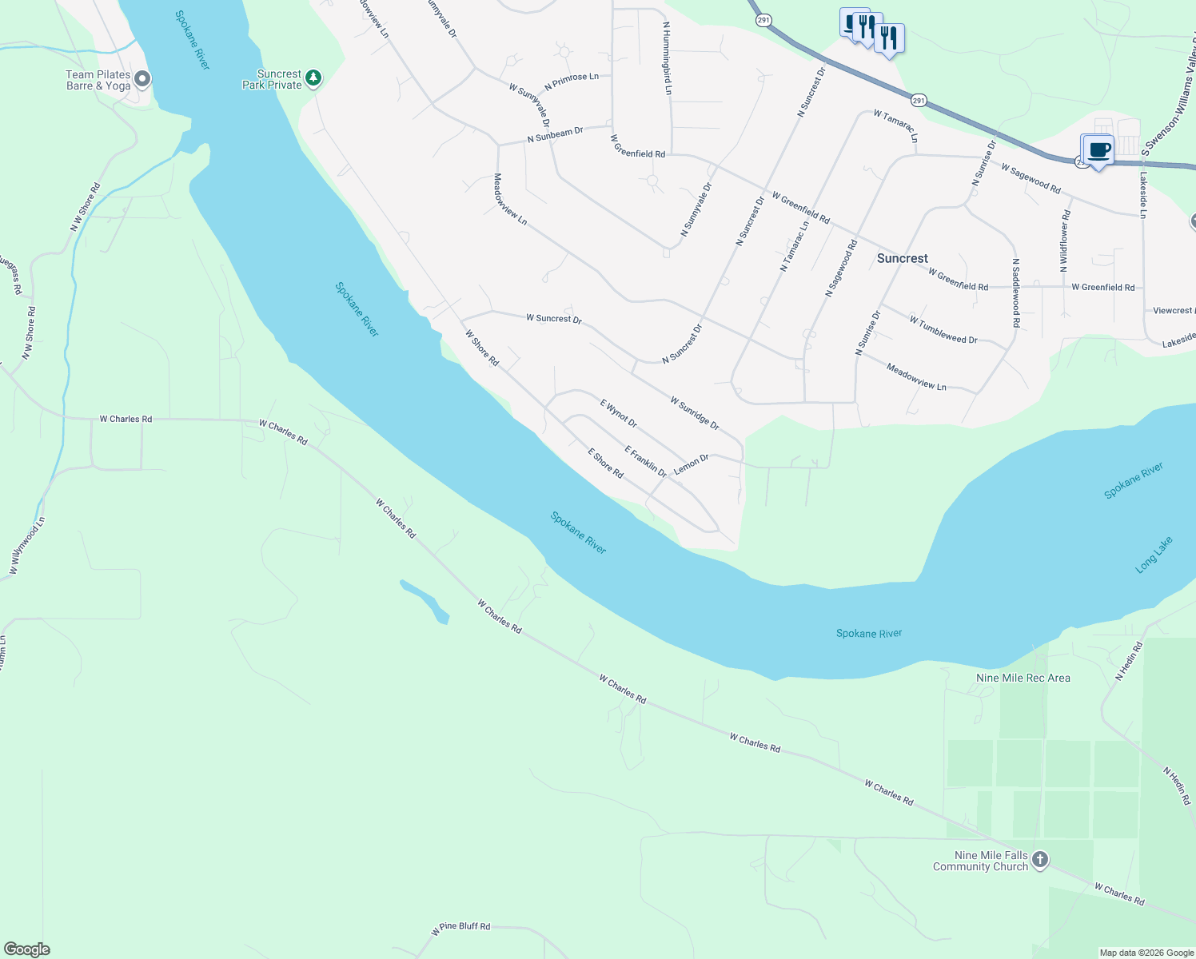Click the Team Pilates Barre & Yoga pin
[x=142, y=79]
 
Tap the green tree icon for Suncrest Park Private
[x=314, y=78]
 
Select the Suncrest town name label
[x=902, y=258]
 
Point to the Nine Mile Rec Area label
[x=1023, y=678]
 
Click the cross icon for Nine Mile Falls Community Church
[x=1039, y=860]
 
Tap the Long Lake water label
[x=1154, y=555]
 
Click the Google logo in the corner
[x=27, y=949]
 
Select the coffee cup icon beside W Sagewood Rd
[x=1099, y=150]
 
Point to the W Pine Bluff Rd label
[x=460, y=928]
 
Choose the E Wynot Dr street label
[x=619, y=413]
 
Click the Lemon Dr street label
[x=691, y=464]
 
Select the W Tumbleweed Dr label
[x=943, y=329]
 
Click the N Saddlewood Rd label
[x=1015, y=292]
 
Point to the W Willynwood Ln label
[x=27, y=545]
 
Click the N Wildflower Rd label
[x=1065, y=241]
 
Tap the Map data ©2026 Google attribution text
[x=1146, y=952]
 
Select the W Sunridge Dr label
[x=694, y=412]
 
